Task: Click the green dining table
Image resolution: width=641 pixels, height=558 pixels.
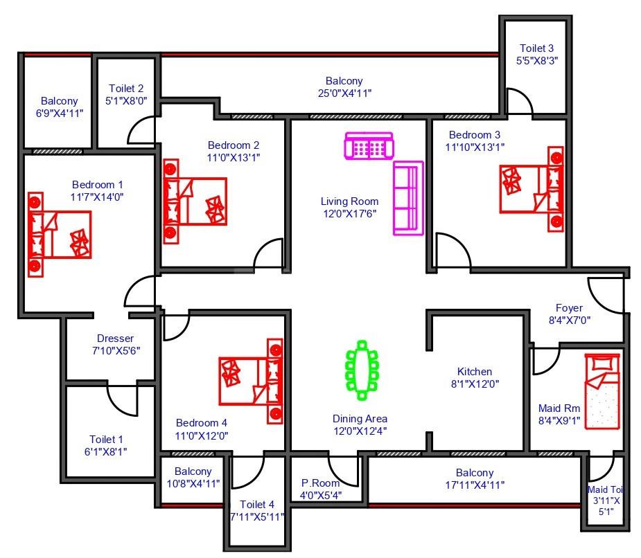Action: tap(362, 370)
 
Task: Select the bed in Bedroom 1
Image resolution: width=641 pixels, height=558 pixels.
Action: tap(60, 235)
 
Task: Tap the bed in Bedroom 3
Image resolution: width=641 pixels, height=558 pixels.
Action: tap(532, 190)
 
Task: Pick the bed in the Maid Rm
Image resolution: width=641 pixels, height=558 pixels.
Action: tap(602, 391)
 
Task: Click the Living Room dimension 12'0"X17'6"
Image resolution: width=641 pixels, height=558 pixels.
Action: tap(349, 214)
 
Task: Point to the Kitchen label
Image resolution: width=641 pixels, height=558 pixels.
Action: tap(475, 372)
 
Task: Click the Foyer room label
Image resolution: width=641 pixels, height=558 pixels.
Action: tap(569, 308)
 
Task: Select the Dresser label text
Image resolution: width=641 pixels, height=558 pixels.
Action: tap(115, 339)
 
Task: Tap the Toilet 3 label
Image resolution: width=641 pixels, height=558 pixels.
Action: tap(537, 48)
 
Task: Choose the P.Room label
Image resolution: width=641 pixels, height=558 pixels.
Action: tap(320, 483)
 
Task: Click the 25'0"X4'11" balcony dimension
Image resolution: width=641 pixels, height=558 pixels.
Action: tap(344, 93)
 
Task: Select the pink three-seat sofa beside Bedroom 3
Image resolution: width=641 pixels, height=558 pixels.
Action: tap(408, 198)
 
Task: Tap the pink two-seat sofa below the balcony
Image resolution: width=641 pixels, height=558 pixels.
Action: tap(369, 145)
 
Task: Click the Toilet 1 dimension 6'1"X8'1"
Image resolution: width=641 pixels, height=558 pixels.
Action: tap(105, 452)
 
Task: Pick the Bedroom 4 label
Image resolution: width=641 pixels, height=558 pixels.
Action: tap(202, 423)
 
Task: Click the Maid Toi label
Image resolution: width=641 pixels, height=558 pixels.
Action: tap(606, 489)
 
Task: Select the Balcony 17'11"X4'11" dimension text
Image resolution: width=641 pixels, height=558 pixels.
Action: tap(475, 485)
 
